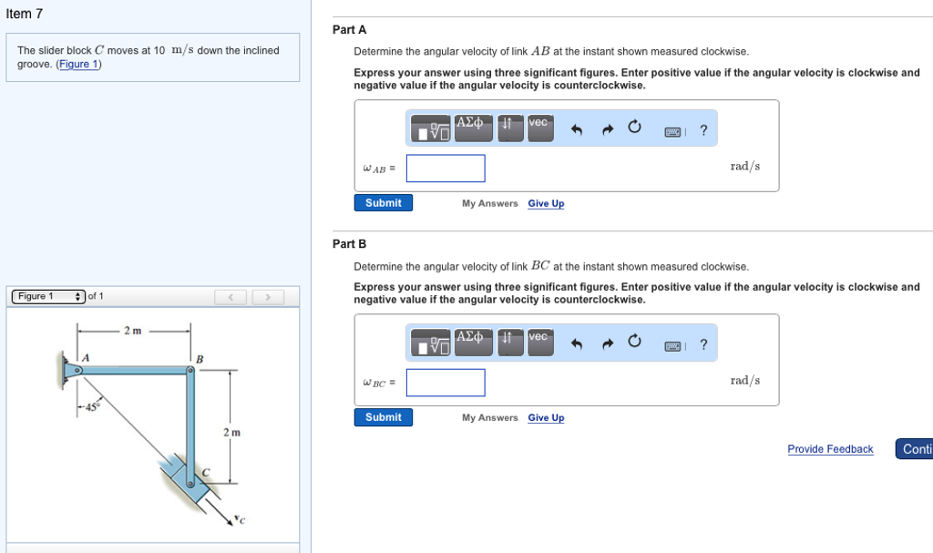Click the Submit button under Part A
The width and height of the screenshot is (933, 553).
pos(383,203)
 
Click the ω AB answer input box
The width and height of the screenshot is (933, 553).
pos(446,169)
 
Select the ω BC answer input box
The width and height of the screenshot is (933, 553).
pos(446,383)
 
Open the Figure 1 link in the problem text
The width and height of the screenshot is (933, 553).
pos(79,64)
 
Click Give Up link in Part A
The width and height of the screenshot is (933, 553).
pos(546,204)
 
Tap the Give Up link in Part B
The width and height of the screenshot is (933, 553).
pos(546,418)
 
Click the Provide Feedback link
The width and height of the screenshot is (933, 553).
pos(830,449)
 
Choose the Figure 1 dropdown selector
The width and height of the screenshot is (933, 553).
pos(48,296)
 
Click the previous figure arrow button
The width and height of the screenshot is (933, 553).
pos(231,297)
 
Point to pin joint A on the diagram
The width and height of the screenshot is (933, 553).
pos(78,371)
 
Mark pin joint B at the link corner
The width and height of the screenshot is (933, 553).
pos(190,371)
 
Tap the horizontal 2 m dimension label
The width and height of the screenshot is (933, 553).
pos(133,330)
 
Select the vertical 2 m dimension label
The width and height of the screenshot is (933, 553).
pos(231,432)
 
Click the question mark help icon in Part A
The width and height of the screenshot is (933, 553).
pos(702,131)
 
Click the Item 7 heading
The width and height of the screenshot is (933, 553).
pos(25,14)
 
